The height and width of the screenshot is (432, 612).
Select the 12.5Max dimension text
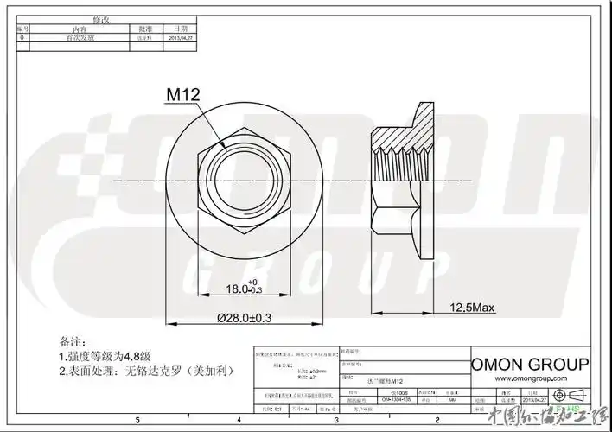pos(471,308)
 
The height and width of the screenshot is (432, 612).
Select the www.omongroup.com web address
pos(532,378)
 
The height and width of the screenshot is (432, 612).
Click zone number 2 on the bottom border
pos(438,419)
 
